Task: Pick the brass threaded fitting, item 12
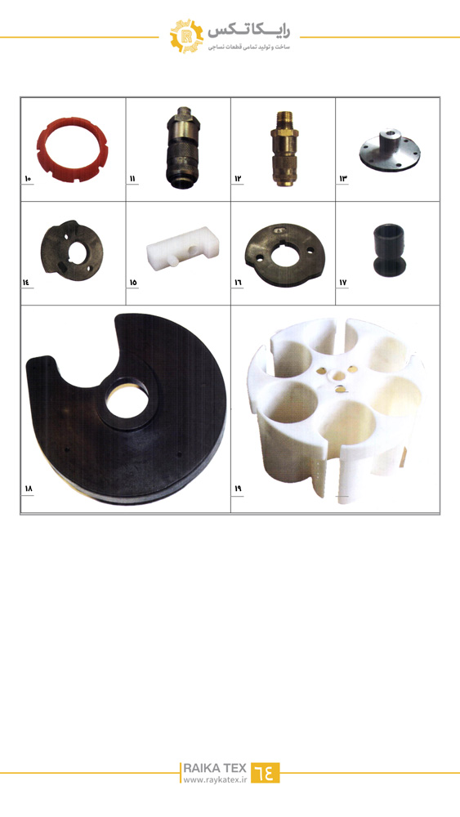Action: tap(284, 149)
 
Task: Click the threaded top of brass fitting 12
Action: tap(284, 117)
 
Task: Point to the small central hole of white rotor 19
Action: tap(334, 373)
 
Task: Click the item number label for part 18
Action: tap(28, 489)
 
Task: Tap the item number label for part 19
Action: tap(238, 489)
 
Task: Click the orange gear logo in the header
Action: tap(186, 36)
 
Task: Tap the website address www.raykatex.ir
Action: tap(215, 780)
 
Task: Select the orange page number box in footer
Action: tap(266, 773)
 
